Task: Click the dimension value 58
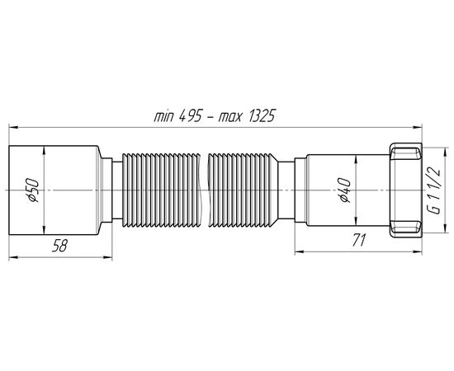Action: [59, 246]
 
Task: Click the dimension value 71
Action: [359, 240]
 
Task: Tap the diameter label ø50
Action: [32, 190]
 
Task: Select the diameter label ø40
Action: [344, 190]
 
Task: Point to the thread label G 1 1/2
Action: [433, 191]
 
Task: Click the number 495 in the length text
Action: [190, 116]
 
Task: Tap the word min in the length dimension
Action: [164, 117]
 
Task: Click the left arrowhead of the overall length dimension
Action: [13, 127]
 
